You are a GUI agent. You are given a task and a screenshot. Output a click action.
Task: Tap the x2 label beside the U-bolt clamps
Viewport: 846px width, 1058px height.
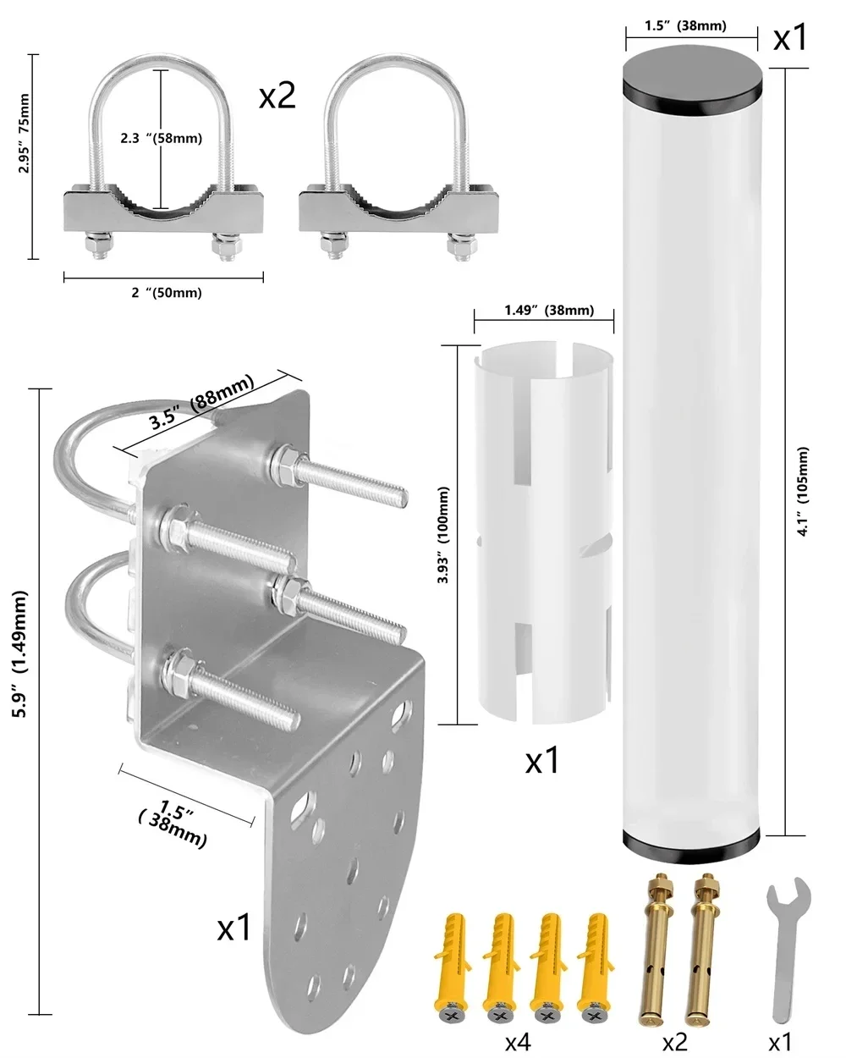point(277,96)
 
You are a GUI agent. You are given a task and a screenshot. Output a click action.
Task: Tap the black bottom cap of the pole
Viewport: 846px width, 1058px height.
point(694,841)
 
